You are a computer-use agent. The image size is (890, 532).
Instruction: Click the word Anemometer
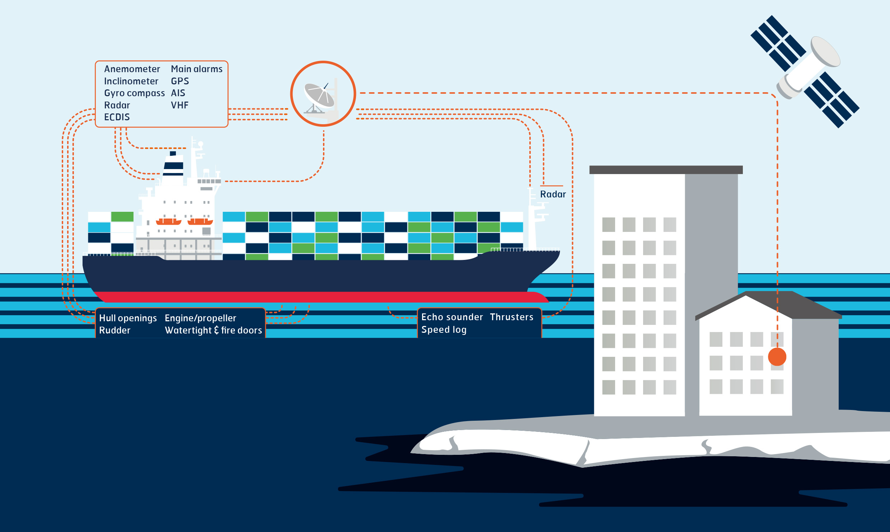[x=132, y=69]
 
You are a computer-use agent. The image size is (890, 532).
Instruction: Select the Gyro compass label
[x=134, y=93]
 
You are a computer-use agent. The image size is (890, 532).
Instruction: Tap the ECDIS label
[x=117, y=117]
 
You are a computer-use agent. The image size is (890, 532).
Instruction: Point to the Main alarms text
[x=196, y=69]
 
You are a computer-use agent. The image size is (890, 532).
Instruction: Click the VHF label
[x=179, y=105]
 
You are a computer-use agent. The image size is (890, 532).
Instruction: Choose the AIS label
[x=178, y=93]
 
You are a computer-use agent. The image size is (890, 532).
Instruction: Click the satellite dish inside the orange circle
[x=319, y=96]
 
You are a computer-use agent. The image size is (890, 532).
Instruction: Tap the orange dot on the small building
[x=777, y=356]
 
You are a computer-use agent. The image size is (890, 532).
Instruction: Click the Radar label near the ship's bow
[x=553, y=194]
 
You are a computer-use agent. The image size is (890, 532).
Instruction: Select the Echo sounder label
[x=452, y=317]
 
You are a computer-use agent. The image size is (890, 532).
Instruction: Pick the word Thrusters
[x=511, y=317]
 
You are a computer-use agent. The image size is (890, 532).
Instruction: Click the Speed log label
[x=444, y=330]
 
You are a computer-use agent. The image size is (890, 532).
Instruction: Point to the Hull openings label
[x=128, y=318]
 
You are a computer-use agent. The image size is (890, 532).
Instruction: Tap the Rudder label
[x=114, y=330]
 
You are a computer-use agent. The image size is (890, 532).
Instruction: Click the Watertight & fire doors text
[x=213, y=330]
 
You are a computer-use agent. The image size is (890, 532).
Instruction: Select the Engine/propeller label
[x=200, y=318]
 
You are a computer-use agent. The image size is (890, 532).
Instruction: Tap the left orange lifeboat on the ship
[x=168, y=221]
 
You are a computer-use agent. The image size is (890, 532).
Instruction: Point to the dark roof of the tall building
[x=666, y=170]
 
